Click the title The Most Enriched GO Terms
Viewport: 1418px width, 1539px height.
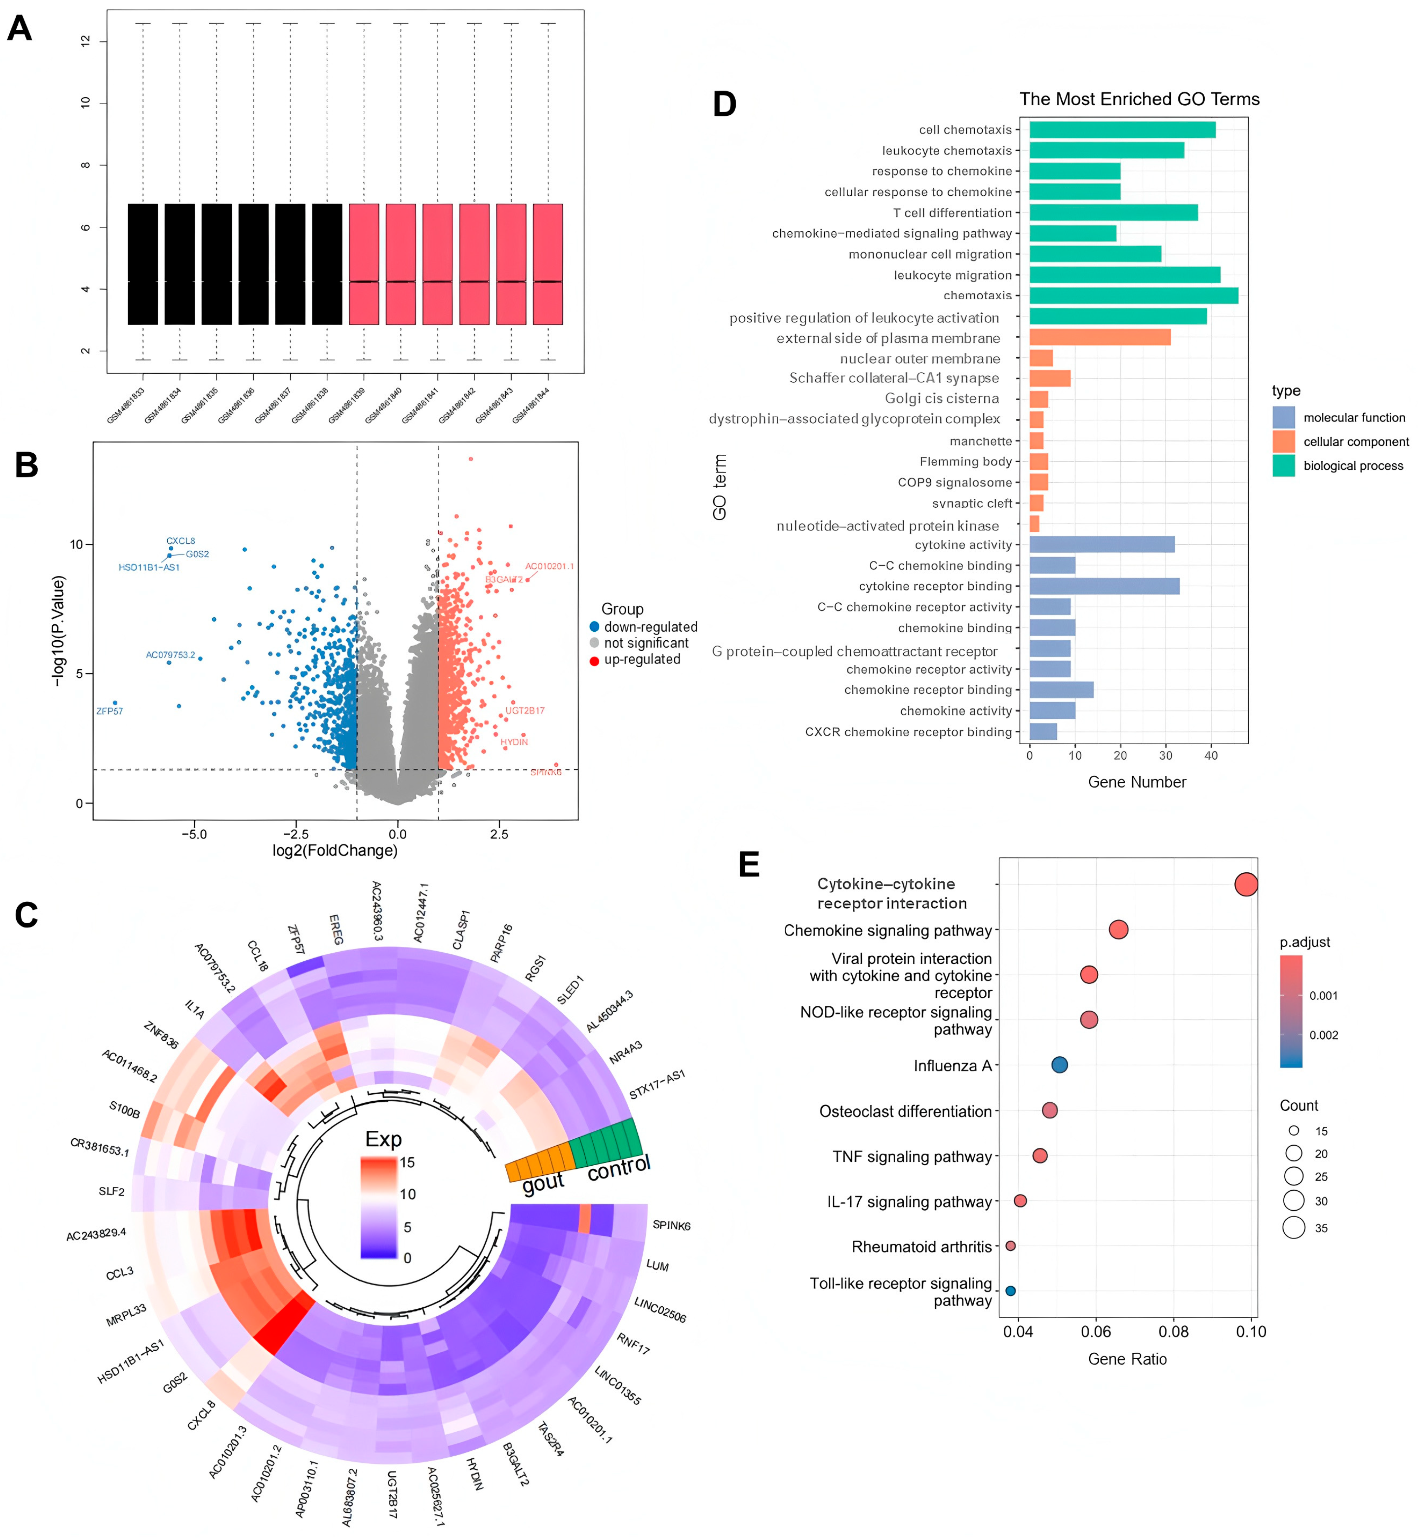tap(1139, 99)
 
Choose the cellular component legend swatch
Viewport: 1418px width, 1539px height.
tap(1283, 441)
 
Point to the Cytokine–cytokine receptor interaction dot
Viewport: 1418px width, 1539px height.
tap(1246, 884)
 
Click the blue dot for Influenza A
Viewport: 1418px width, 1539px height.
tap(1059, 1065)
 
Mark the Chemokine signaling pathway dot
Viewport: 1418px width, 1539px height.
tap(1118, 930)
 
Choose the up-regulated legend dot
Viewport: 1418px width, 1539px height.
tap(594, 660)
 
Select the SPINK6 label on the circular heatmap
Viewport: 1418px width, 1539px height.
tap(671, 1225)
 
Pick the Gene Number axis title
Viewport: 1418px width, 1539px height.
tap(1136, 782)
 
